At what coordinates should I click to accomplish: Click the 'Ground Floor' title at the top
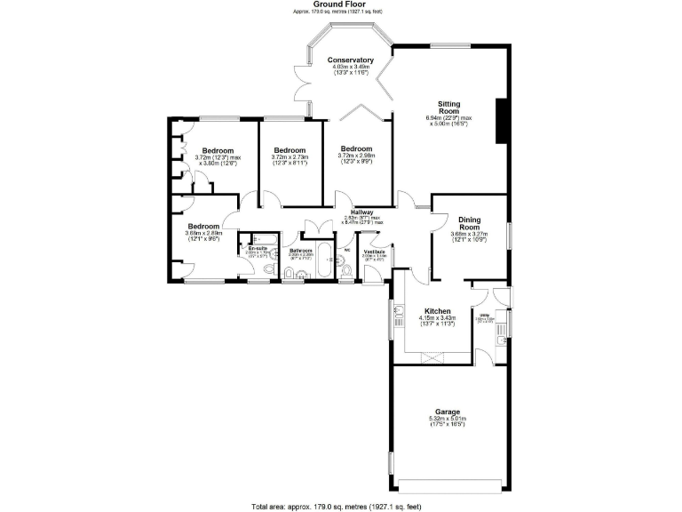pos(341,4)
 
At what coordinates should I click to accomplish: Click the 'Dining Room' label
pos(470,223)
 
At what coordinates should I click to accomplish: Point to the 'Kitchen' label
pos(438,311)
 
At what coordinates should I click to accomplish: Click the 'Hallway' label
pos(361,212)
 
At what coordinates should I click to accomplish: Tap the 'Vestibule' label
pos(373,251)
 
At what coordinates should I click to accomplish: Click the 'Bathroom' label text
pos(301,251)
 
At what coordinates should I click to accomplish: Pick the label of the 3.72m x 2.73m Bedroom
pos(289,150)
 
